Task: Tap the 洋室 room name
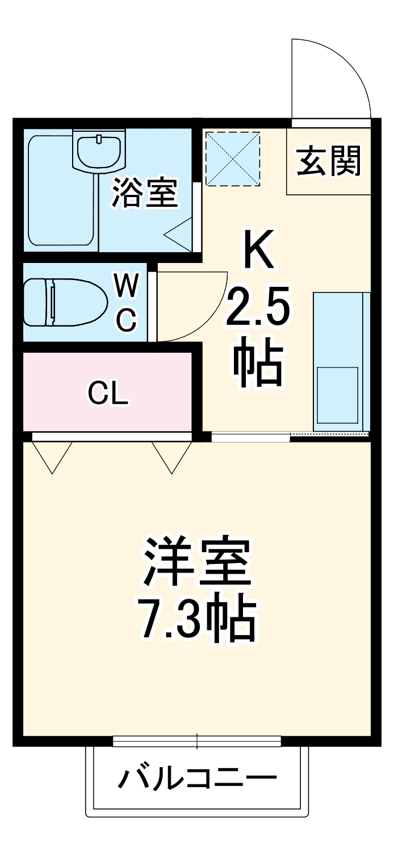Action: coord(197,562)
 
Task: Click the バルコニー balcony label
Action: coord(197,778)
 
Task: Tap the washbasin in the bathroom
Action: coord(99,150)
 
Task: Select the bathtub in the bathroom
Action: coord(60,190)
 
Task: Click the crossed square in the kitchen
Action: coord(232,158)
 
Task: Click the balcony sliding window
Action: coord(197,741)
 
